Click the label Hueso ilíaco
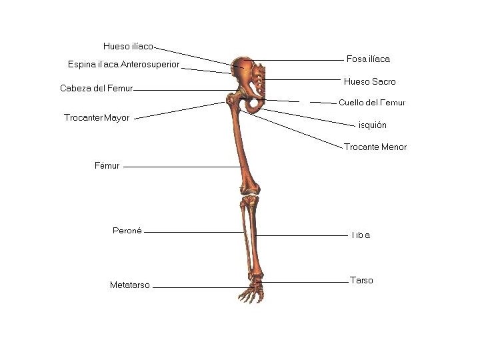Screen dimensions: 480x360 tap(128, 47)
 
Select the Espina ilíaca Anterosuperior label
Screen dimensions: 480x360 tap(123, 65)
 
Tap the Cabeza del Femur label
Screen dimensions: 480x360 tap(97, 88)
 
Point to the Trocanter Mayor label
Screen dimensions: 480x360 tap(97, 118)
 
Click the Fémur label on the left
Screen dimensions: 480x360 tap(107, 166)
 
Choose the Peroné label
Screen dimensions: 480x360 tap(127, 231)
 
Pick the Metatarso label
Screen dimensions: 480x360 tap(130, 285)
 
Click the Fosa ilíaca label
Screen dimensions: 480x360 tap(368, 59)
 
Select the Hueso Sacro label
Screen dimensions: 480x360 tap(369, 82)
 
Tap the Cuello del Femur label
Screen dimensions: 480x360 tap(372, 103)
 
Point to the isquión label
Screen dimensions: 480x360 tap(372, 125)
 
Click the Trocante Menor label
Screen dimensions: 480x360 tap(375, 147)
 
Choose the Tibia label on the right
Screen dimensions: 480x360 tap(360, 235)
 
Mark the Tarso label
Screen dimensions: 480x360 tap(361, 281)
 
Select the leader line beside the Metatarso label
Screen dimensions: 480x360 tap(197, 287)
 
